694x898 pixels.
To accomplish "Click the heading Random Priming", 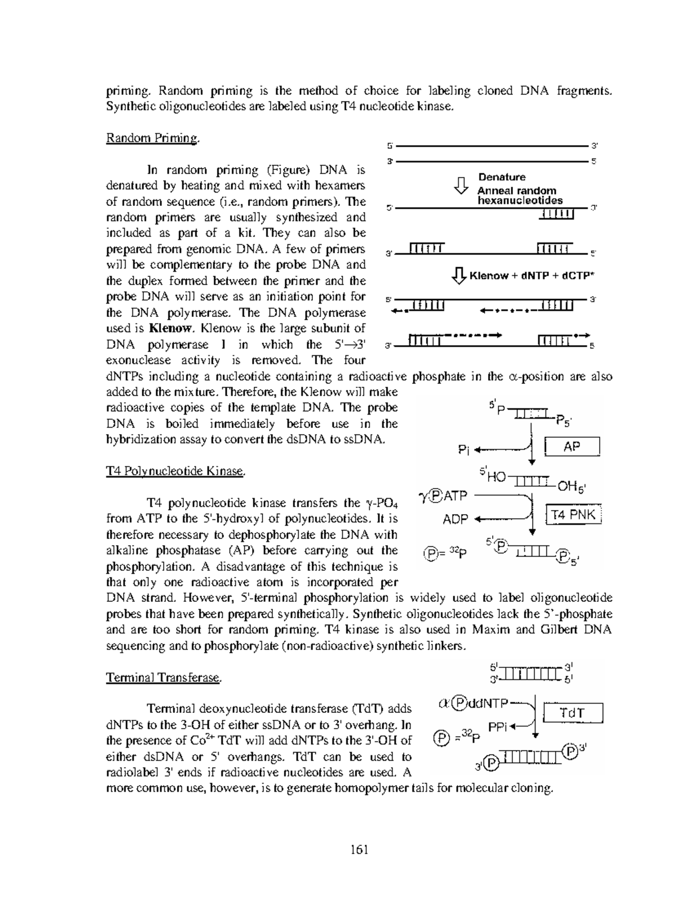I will [x=153, y=138].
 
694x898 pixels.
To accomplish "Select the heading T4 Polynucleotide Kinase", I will [x=176, y=471].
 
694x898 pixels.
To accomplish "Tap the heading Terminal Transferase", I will [x=164, y=678].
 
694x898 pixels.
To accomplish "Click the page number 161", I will [x=359, y=849].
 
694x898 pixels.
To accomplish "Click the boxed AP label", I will [x=572, y=447].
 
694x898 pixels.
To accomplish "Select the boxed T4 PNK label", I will [x=574, y=515].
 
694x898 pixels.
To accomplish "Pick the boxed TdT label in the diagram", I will [x=573, y=713].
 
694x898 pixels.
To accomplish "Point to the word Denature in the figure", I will [x=501, y=177].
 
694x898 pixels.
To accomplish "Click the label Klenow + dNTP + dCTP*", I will [x=531, y=276].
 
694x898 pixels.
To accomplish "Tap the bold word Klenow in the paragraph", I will [x=170, y=328].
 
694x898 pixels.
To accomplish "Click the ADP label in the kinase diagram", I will [x=455, y=519].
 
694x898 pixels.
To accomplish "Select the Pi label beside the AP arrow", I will [x=464, y=449].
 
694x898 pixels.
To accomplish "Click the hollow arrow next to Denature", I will [x=460, y=185].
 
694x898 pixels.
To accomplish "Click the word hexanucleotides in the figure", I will [x=519, y=201].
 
